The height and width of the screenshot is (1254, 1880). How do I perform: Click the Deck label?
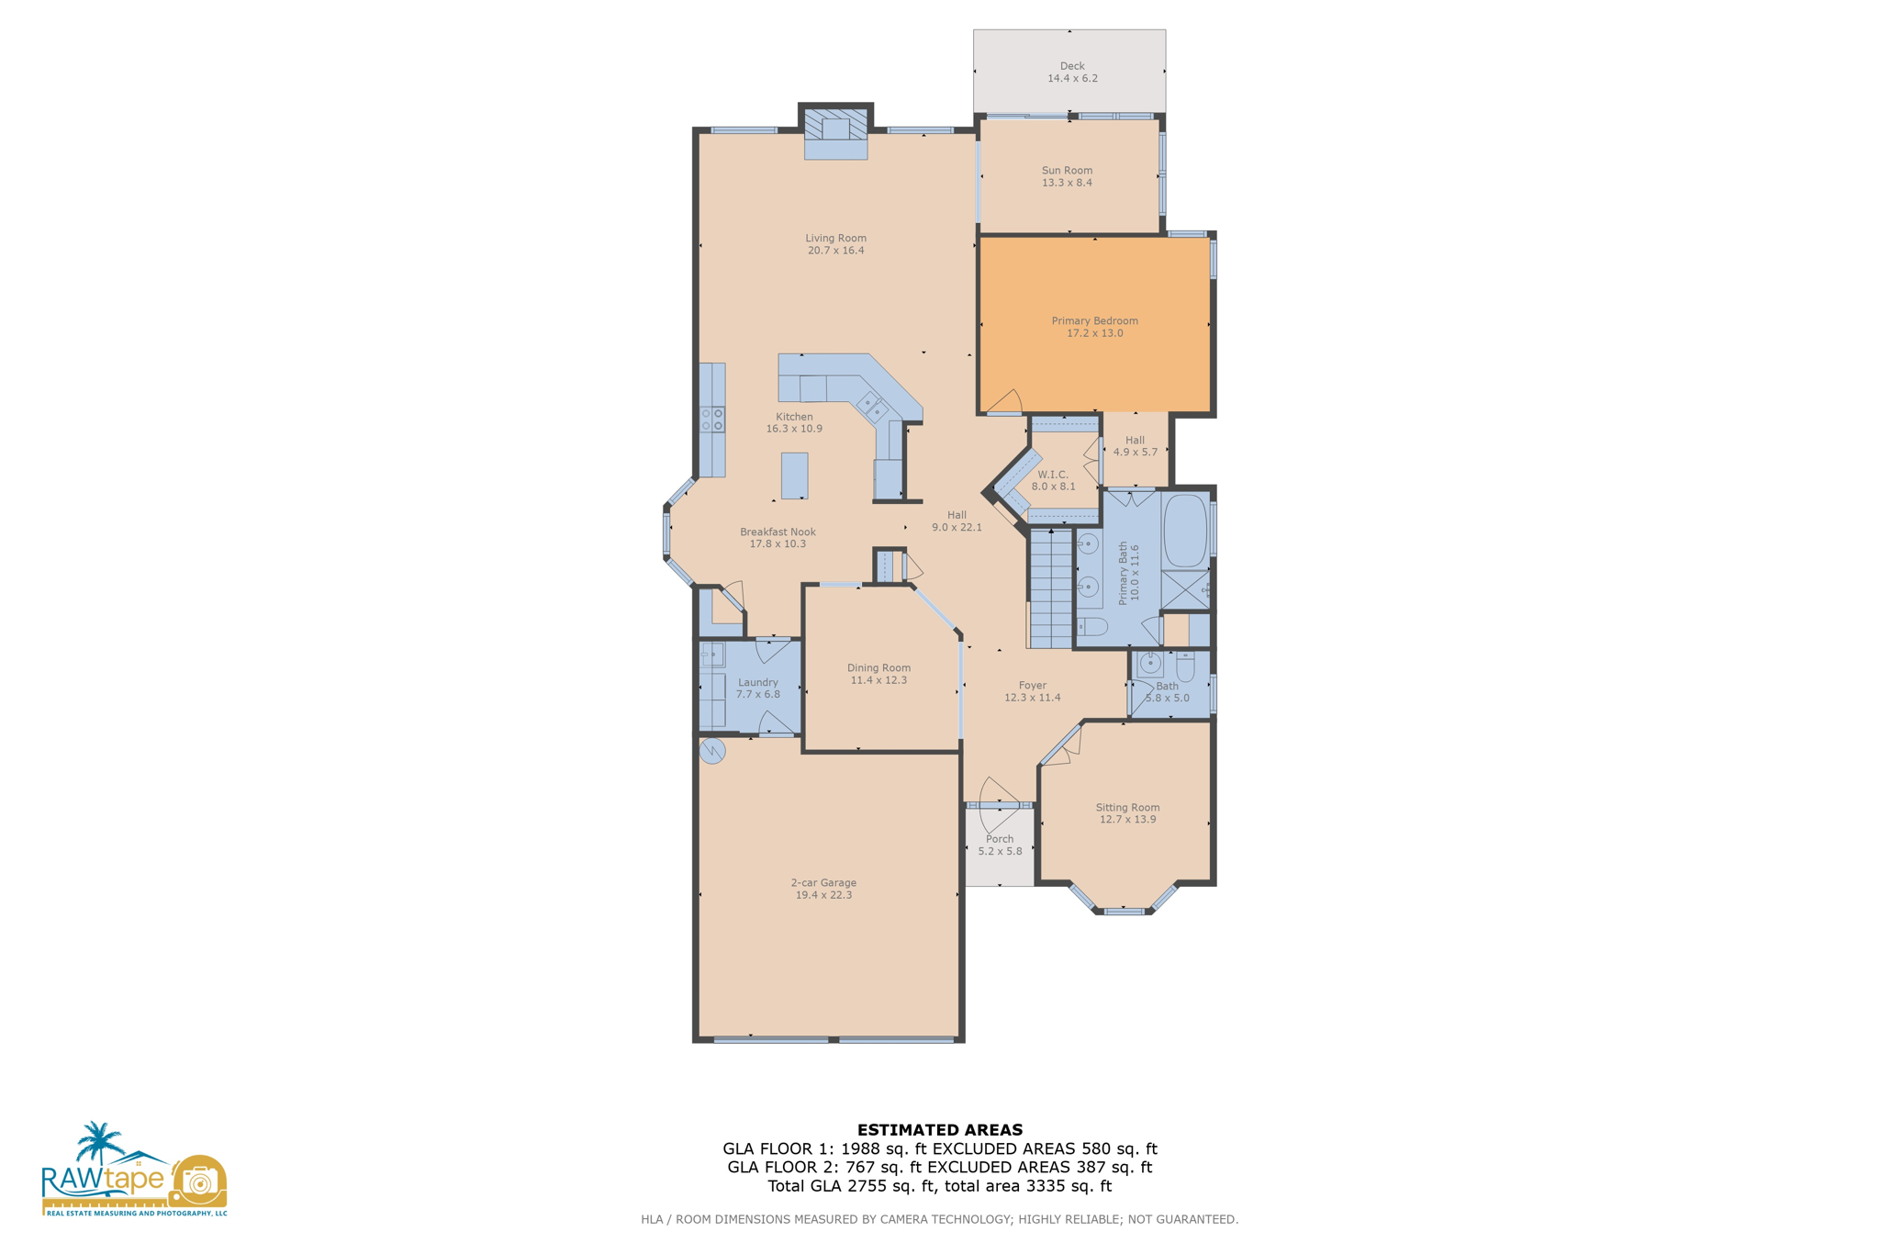click(1071, 66)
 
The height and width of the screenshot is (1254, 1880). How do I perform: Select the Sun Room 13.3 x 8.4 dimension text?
click(1067, 183)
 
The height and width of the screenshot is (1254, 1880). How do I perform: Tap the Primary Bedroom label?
click(1094, 320)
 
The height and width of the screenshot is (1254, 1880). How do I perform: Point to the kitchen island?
click(794, 476)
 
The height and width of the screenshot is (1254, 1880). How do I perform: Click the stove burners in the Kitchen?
click(712, 420)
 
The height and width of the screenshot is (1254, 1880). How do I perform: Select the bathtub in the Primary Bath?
click(1185, 532)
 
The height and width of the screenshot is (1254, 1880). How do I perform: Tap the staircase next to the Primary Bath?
click(1050, 588)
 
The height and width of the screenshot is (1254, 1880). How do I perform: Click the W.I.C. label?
click(1053, 475)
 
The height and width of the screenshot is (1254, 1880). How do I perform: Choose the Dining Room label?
click(878, 668)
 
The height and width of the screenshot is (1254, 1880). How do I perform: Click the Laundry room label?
click(757, 682)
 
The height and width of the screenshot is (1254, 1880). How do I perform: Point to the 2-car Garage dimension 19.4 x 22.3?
click(823, 895)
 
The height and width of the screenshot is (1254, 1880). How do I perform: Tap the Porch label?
click(1000, 839)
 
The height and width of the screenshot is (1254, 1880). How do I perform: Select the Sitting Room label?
click(1127, 808)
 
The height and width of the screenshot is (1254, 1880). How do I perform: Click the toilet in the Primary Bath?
click(1092, 627)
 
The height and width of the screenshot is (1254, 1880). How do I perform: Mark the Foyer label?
click(1032, 685)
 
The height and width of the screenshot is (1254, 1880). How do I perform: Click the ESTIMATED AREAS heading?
click(939, 1130)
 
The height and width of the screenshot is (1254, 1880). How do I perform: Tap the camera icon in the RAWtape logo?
click(198, 1181)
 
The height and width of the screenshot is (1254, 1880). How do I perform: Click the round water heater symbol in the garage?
click(712, 752)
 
